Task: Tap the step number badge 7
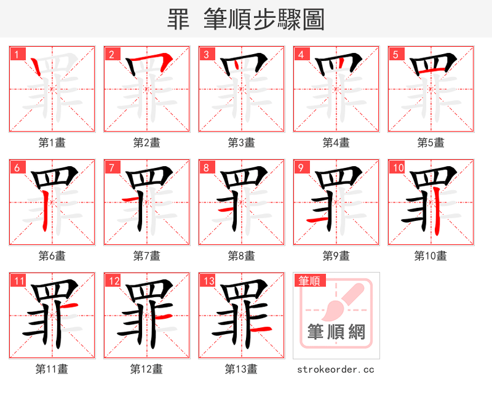coord(111,167)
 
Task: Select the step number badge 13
coord(207,281)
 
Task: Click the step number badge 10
coord(397,167)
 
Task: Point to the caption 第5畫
coord(430,143)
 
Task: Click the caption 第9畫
coord(336,256)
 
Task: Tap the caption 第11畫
coord(52,369)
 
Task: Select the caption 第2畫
coord(146,143)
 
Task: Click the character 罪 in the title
coord(178,20)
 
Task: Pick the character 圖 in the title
coord(313,20)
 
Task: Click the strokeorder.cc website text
coord(336,370)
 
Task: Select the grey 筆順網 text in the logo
coord(336,333)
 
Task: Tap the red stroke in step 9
coord(315,219)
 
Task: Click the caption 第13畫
coord(241,369)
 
